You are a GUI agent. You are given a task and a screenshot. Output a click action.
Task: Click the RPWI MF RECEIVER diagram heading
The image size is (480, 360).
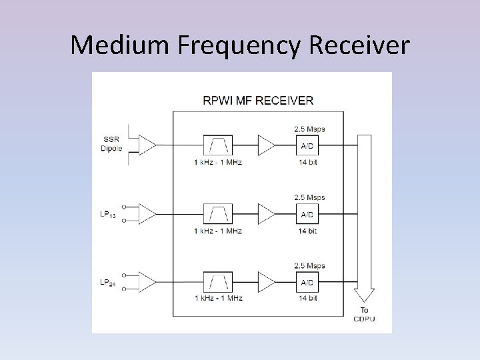point(258,101)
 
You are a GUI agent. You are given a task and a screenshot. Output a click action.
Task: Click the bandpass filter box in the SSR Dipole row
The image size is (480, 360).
point(219,145)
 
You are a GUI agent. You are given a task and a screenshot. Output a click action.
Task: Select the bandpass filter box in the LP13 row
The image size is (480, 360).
point(219,213)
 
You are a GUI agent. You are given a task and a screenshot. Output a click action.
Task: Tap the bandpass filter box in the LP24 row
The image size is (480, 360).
point(219,281)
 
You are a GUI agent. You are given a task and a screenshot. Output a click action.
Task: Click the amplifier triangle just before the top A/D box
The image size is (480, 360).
point(265,145)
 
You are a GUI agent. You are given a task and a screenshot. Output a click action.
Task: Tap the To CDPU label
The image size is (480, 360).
point(364,314)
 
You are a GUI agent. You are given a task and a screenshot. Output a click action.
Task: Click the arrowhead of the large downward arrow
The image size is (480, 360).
point(364,296)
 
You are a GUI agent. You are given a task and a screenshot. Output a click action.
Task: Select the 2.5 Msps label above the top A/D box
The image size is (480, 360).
point(309,129)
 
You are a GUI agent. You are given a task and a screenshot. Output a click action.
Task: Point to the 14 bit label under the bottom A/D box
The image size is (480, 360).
point(308,298)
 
